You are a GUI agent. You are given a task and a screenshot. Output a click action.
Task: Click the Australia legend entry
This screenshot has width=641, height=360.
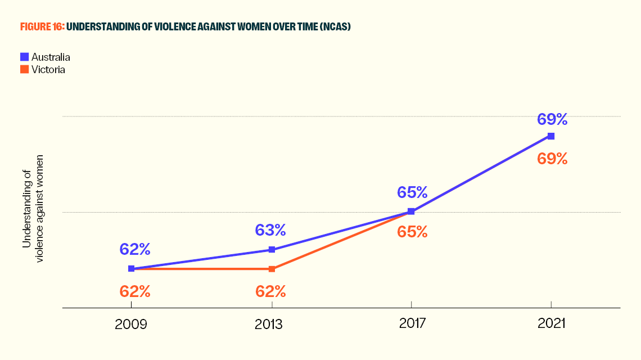click(45, 57)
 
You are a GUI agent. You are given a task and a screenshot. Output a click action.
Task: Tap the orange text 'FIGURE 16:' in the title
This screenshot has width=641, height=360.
click(42, 27)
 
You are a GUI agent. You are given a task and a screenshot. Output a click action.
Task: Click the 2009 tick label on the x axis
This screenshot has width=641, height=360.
click(131, 325)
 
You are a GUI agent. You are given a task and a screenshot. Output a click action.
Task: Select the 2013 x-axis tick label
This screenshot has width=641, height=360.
click(272, 325)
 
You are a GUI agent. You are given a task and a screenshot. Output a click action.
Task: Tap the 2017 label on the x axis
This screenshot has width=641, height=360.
click(411, 325)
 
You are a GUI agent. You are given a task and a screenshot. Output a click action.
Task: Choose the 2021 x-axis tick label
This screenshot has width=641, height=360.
click(551, 325)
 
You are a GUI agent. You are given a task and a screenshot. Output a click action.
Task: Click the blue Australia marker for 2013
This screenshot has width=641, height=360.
click(272, 250)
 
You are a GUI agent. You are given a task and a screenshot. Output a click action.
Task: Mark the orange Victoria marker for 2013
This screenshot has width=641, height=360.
click(272, 269)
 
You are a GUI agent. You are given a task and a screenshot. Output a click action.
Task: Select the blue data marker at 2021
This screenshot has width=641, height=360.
click(551, 136)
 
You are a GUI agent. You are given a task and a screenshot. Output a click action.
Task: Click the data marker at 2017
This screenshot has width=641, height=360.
click(411, 211)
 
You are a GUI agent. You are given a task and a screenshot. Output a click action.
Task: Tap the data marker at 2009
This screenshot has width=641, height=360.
click(131, 269)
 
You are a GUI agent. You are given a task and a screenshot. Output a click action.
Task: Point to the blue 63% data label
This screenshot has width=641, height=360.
click(272, 229)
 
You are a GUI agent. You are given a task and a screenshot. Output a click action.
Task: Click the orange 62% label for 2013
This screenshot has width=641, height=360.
click(272, 291)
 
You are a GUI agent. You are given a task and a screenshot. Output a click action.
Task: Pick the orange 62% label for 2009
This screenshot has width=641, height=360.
click(135, 291)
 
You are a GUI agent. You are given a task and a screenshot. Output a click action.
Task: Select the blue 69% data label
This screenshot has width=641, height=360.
click(552, 119)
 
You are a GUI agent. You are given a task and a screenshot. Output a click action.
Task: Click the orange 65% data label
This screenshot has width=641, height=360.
click(412, 232)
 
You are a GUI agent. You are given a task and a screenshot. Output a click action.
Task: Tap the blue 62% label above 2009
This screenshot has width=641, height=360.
click(135, 249)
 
